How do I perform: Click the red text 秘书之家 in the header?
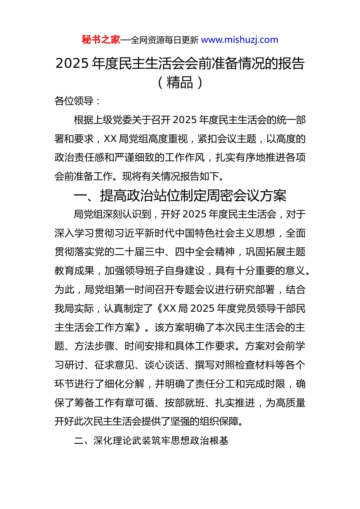pos(101,40)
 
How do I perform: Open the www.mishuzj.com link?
pos(239,40)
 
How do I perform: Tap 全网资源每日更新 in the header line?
pos(164,40)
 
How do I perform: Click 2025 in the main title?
pos(72,64)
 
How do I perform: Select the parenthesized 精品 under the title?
pos(180,83)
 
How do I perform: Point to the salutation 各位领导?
pos(74,101)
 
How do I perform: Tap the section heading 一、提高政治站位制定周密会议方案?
pos(180,196)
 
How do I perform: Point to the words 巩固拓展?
pos(265,252)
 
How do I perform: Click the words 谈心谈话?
pos(164,365)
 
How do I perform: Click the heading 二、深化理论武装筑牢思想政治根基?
pos(151,440)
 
